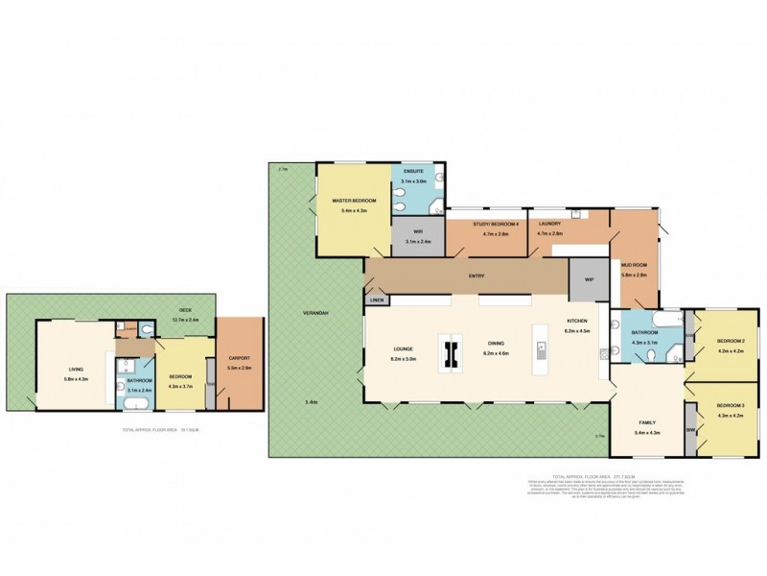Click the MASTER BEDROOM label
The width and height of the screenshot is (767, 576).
point(354,201)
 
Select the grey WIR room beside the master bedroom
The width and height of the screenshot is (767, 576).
point(418,234)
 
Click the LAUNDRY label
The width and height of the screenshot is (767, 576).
point(549,224)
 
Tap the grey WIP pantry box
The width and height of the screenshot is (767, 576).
point(589,280)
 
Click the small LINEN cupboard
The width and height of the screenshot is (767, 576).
point(377,300)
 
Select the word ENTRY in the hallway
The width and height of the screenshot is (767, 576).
point(476,276)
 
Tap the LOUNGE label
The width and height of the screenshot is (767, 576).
point(402,348)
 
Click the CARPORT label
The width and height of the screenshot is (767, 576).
point(239,360)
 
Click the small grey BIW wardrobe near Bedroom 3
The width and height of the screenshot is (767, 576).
point(689,415)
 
